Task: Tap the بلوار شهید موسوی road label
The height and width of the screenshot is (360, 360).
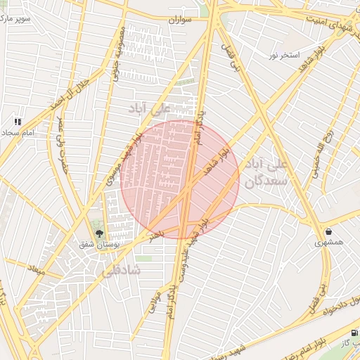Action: point(124,159)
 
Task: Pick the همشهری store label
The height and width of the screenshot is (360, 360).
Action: point(330,243)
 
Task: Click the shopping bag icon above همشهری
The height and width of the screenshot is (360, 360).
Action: point(329,231)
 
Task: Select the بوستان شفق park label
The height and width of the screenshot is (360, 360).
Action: point(98,244)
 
